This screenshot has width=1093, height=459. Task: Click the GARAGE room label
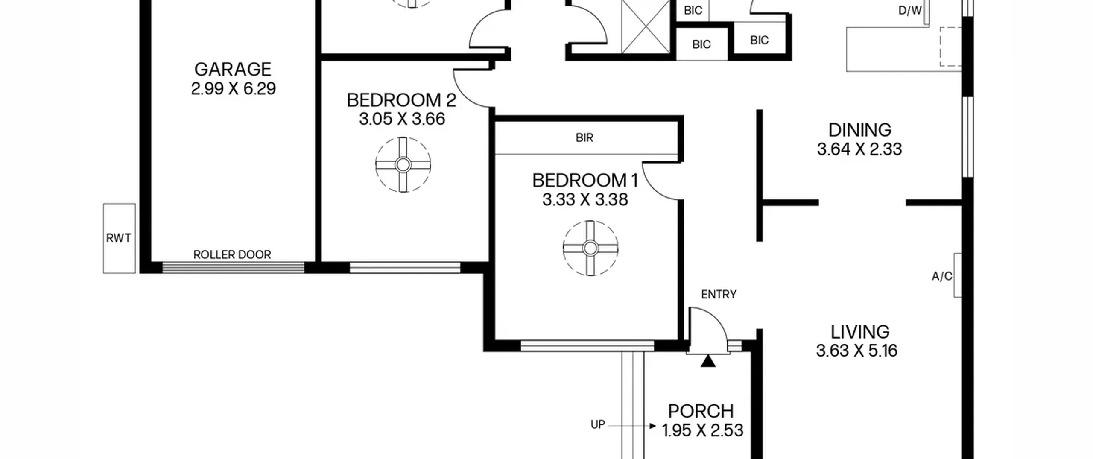point(233,69)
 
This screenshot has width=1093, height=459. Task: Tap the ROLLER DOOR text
point(232,255)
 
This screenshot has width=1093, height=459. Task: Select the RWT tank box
point(119,238)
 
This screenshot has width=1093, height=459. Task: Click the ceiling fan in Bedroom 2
point(403,165)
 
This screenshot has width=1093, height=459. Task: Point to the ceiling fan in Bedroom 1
point(590,248)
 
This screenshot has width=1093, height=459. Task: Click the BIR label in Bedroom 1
point(584,138)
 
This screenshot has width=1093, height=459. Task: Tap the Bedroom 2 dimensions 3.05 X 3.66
point(402,119)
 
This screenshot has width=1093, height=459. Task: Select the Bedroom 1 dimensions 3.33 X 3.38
point(585,199)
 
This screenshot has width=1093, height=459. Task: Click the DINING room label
point(860,130)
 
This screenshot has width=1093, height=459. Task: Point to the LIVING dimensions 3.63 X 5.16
point(857,351)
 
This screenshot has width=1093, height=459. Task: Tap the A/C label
point(942,277)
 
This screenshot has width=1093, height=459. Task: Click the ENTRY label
point(719,294)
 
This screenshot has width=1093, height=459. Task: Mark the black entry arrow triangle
point(708,361)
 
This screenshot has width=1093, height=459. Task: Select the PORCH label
point(701,412)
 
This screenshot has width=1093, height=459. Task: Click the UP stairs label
point(598,425)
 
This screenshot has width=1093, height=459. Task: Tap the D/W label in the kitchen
point(910,11)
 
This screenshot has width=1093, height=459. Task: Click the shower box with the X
point(646,26)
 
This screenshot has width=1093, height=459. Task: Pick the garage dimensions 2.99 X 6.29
point(233,89)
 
